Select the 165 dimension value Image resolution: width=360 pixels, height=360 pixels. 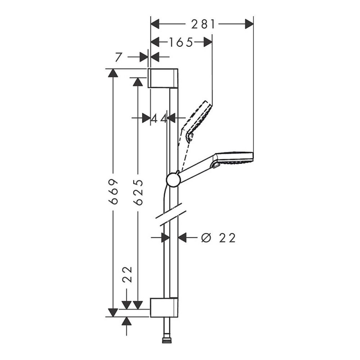(x=180, y=42)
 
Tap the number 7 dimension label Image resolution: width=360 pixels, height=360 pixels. (x=120, y=57)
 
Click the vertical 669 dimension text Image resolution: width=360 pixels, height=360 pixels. (x=114, y=192)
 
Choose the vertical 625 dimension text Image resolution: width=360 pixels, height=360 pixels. (x=138, y=192)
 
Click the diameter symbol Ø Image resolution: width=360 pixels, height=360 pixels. (x=206, y=238)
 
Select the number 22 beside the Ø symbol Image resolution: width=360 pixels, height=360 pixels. (x=227, y=238)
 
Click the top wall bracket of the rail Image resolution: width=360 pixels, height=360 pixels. (x=163, y=77)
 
